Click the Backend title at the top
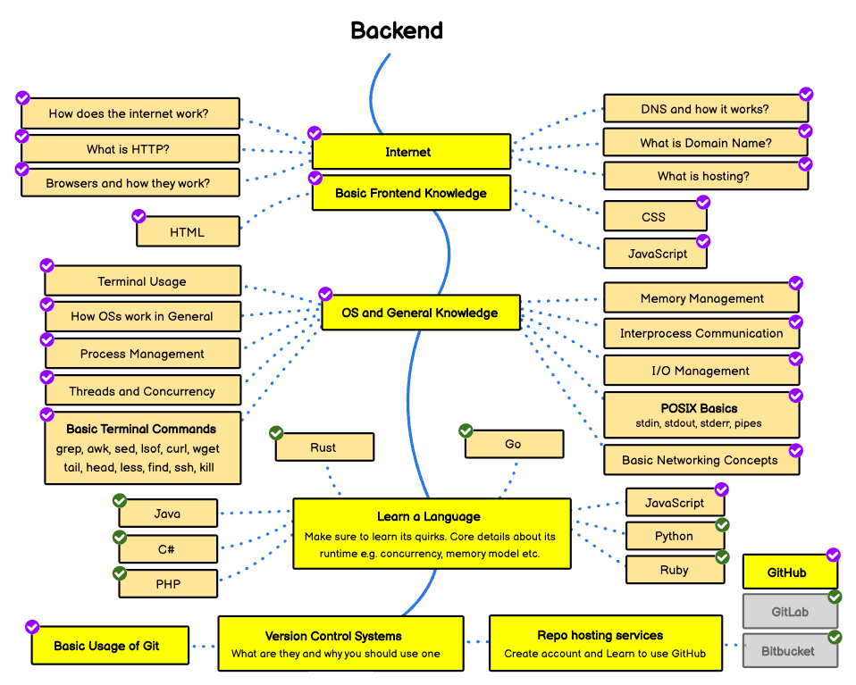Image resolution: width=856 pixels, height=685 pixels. click(x=397, y=30)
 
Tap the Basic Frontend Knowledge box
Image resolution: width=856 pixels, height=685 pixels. click(x=411, y=193)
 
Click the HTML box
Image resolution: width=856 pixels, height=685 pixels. click(x=188, y=232)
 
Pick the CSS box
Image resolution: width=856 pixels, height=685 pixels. click(x=654, y=217)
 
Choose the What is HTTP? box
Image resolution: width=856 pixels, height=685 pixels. click(x=130, y=149)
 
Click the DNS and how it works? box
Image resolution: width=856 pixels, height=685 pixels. click(x=705, y=109)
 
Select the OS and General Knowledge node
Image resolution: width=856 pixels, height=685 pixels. click(x=420, y=313)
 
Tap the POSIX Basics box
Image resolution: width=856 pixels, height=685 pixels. click(x=700, y=414)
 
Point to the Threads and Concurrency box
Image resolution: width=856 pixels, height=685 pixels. click(x=142, y=391)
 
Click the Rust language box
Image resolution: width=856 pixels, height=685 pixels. click(x=323, y=447)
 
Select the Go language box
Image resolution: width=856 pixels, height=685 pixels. click(x=514, y=444)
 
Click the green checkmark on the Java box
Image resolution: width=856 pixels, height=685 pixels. click(x=120, y=500)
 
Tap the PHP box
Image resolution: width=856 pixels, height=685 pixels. click(x=168, y=584)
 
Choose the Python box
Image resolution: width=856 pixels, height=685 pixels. click(x=675, y=536)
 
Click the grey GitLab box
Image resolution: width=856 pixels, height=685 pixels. click(x=790, y=613)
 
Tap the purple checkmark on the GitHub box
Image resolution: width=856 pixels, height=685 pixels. click(x=833, y=555)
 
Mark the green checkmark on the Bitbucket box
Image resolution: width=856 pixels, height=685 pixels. click(x=835, y=638)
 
